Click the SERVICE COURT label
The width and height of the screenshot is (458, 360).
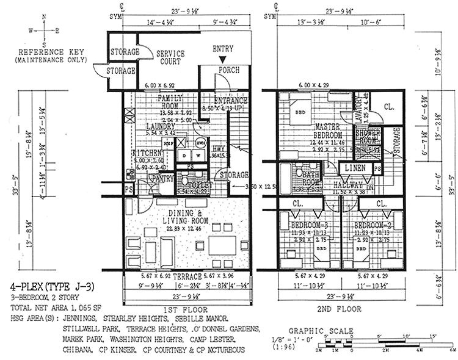170,57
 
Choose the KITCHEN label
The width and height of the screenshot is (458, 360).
147,153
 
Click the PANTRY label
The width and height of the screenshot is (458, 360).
162,178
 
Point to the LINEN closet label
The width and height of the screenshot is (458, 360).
355,167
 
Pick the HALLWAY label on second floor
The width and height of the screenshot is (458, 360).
349,184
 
